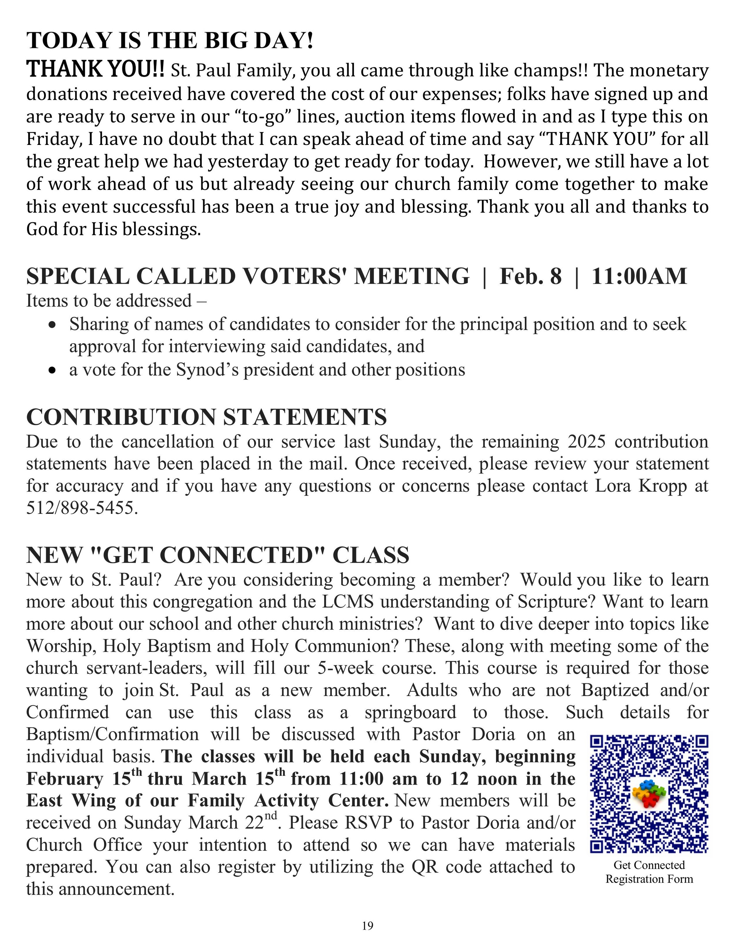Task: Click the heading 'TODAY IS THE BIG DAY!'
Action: click(x=170, y=41)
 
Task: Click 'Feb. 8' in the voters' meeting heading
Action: click(x=530, y=276)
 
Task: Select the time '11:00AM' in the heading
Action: click(x=639, y=276)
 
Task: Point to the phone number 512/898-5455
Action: click(x=82, y=508)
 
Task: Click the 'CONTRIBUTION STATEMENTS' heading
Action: click(x=206, y=417)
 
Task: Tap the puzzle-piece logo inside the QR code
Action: click(x=649, y=794)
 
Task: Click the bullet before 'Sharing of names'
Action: click(x=53, y=325)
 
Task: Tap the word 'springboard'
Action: click(x=410, y=712)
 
